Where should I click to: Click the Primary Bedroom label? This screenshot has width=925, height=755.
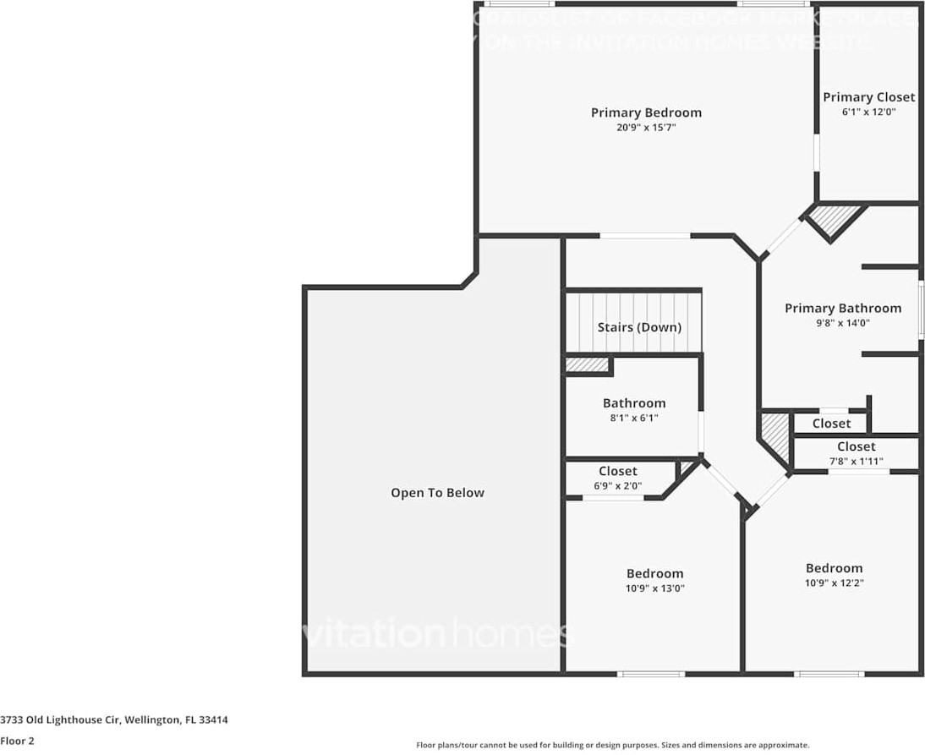pyautogui.click(x=646, y=112)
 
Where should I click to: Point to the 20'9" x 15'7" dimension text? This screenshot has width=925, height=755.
pyautogui.click(x=646, y=128)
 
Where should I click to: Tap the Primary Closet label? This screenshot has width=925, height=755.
pyautogui.click(x=869, y=97)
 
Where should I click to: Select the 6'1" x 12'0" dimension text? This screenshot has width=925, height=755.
pyautogui.click(x=869, y=112)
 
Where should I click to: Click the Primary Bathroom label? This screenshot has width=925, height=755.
pyautogui.click(x=842, y=308)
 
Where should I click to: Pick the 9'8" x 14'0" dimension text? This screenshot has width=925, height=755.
pyautogui.click(x=842, y=322)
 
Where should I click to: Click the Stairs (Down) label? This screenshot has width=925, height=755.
pyautogui.click(x=638, y=327)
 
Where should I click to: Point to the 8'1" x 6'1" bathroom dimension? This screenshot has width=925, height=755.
pyautogui.click(x=633, y=418)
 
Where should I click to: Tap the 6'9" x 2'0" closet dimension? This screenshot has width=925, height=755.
pyautogui.click(x=617, y=486)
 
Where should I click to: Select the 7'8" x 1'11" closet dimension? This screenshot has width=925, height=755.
pyautogui.click(x=856, y=461)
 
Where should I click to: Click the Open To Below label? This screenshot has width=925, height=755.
pyautogui.click(x=437, y=493)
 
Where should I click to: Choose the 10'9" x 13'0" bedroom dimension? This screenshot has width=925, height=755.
pyautogui.click(x=654, y=588)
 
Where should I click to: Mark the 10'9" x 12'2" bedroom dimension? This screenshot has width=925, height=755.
pyautogui.click(x=834, y=583)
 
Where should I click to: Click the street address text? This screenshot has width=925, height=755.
pyautogui.click(x=114, y=720)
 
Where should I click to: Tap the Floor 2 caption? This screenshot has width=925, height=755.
pyautogui.click(x=17, y=741)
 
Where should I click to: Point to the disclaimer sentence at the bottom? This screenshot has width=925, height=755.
pyautogui.click(x=612, y=745)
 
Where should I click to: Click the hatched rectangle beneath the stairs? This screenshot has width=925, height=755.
pyautogui.click(x=588, y=364)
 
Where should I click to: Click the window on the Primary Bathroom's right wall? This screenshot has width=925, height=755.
pyautogui.click(x=921, y=309)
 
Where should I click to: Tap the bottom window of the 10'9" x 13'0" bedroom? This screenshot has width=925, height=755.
pyautogui.click(x=650, y=674)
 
